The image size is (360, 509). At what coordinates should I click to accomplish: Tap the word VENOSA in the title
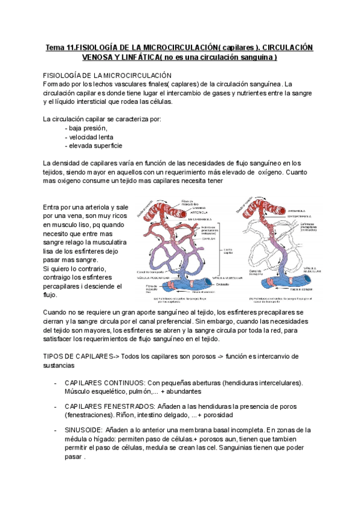tap(104, 58)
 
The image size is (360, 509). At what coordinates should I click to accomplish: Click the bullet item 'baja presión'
tap(88, 128)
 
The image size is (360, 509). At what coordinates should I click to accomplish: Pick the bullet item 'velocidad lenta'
tap(92, 137)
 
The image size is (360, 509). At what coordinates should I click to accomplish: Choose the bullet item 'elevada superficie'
tap(96, 145)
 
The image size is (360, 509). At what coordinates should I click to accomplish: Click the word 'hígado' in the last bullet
tap(110, 439)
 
